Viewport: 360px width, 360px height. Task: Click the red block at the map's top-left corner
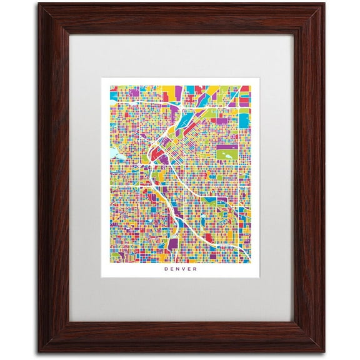pos(114,88)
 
